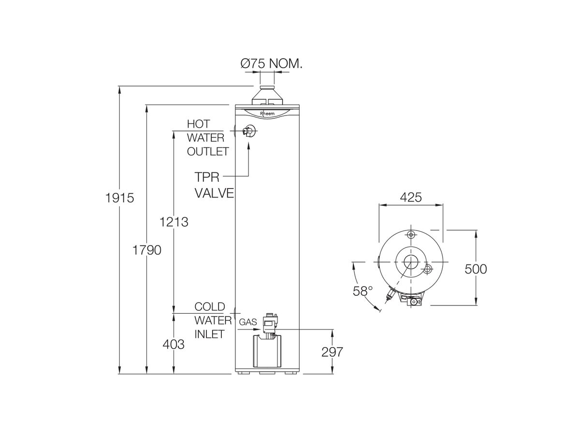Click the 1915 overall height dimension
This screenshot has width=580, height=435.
click(119, 198)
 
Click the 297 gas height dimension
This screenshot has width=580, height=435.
click(332, 352)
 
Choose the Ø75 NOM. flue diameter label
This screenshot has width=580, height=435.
click(271, 63)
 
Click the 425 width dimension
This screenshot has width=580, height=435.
click(411, 197)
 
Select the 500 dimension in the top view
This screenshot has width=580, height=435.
click(476, 269)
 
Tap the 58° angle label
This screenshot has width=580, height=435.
click(363, 291)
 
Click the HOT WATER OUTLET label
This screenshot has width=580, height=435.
click(208, 138)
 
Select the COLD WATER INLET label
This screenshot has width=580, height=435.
click(210, 320)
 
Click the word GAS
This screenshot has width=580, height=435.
click(248, 322)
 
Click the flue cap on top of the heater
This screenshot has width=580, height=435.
click(267, 95)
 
